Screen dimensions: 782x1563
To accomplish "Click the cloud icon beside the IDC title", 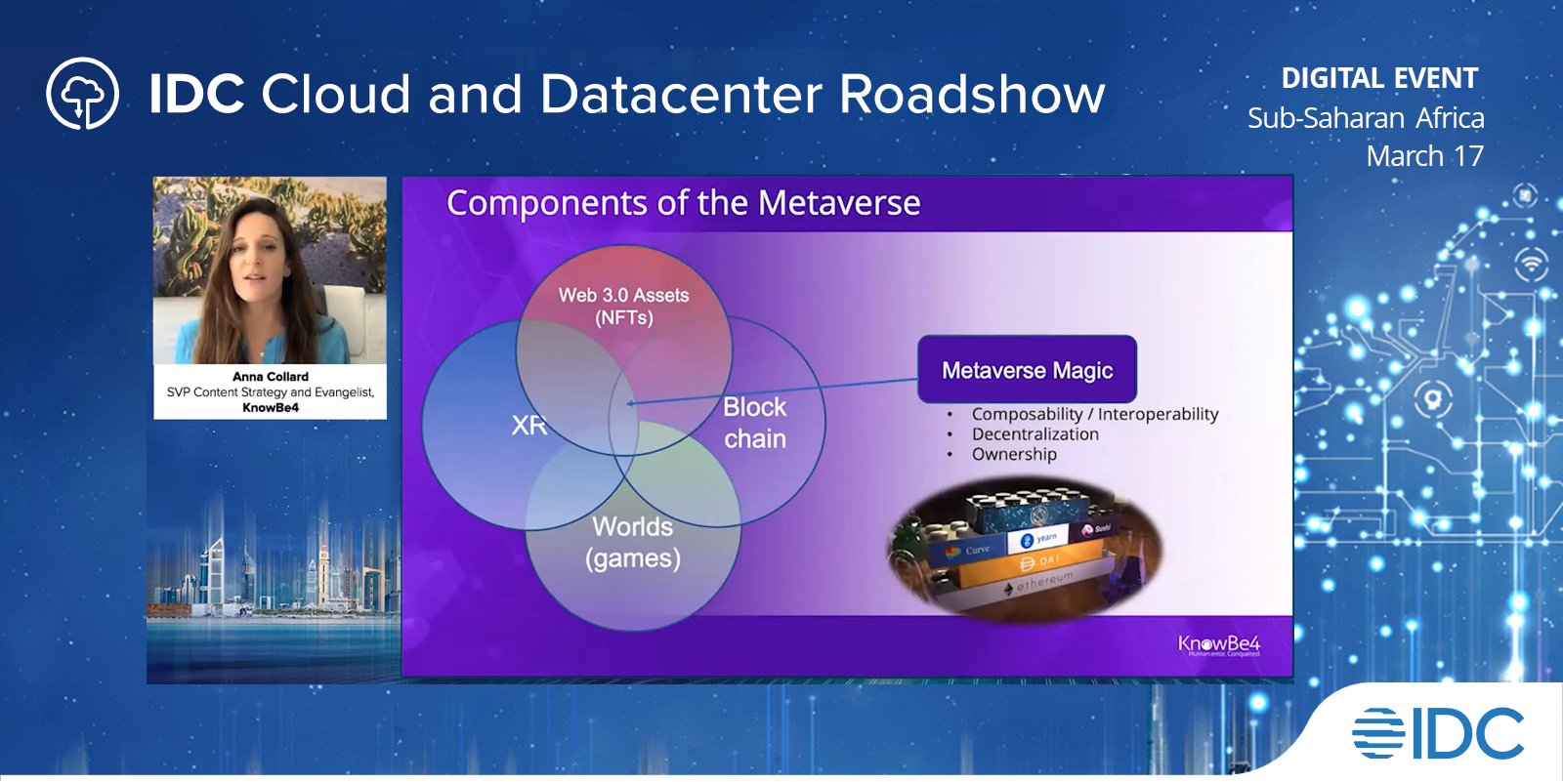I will coord(82,94).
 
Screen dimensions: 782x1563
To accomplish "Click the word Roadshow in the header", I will coord(972,95).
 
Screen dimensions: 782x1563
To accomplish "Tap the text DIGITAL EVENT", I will coord(1378,78).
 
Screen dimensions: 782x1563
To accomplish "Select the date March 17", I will coord(1424,156).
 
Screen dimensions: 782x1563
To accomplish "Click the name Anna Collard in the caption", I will coord(270,376).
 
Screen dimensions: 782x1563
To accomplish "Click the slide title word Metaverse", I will coord(838,203).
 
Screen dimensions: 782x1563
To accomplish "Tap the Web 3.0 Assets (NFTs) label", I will coord(623,306).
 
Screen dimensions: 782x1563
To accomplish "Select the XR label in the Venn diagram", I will coord(528,426).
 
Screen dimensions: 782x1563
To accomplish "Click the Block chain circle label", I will coord(755,423).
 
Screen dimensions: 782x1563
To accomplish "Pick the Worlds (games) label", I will coord(632,542).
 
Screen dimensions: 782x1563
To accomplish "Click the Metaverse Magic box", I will coord(1027,370).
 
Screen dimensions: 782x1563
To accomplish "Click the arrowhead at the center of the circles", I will coord(630,403).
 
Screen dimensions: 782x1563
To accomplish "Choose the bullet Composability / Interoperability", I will coord(1094,414).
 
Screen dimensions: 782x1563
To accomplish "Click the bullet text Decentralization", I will coord(1035,434).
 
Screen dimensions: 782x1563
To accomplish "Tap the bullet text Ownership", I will coord(1013,454).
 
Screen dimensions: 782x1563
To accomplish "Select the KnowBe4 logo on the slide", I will coord(1218,644).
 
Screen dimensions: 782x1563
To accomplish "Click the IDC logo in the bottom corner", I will coord(1439,733).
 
